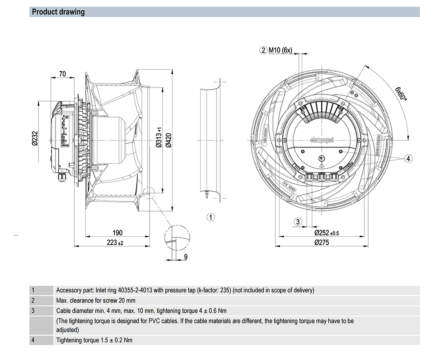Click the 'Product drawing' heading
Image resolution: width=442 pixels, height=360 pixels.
pos(58,12)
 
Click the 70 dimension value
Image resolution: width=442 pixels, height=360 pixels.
pos(62,74)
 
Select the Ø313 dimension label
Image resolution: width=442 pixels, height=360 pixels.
pos(158,138)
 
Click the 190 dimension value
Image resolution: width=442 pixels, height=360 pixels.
pos(117,233)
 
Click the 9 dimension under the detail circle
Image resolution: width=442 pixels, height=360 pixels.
pos(186,256)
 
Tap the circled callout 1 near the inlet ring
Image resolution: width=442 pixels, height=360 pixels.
pos(211,217)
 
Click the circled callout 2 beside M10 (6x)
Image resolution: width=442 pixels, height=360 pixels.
pos(263,50)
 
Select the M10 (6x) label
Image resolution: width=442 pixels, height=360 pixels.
pos(281,50)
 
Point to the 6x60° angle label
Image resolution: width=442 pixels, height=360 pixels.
pos(400,94)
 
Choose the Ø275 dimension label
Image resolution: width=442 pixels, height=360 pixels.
pos(324,242)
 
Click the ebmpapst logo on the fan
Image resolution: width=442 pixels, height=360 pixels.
pos(322,140)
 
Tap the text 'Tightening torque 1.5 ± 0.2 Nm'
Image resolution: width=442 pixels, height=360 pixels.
pos(94,340)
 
